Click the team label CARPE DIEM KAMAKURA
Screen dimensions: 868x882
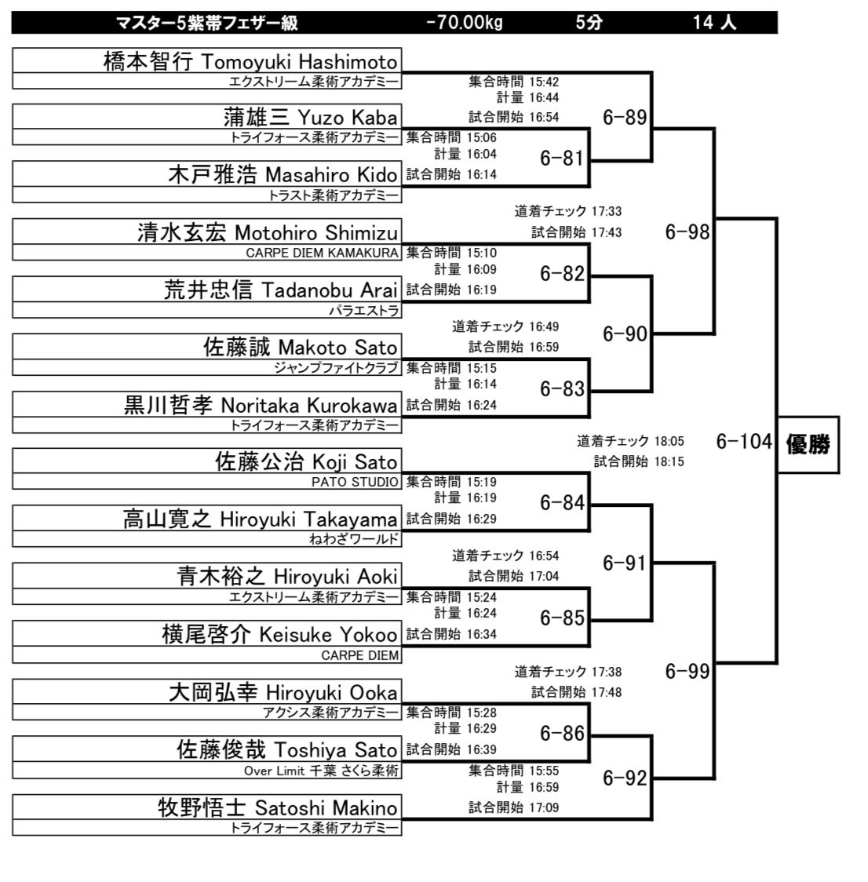[322, 253]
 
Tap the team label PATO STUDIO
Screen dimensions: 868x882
[355, 482]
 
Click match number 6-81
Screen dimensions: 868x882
[562, 159]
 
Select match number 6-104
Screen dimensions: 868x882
[744, 442]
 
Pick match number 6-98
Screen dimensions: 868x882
[687, 231]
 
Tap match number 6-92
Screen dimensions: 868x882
[625, 778]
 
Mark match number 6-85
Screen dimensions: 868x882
[562, 618]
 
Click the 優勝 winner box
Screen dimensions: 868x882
[808, 444]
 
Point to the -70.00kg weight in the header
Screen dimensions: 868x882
[464, 23]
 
